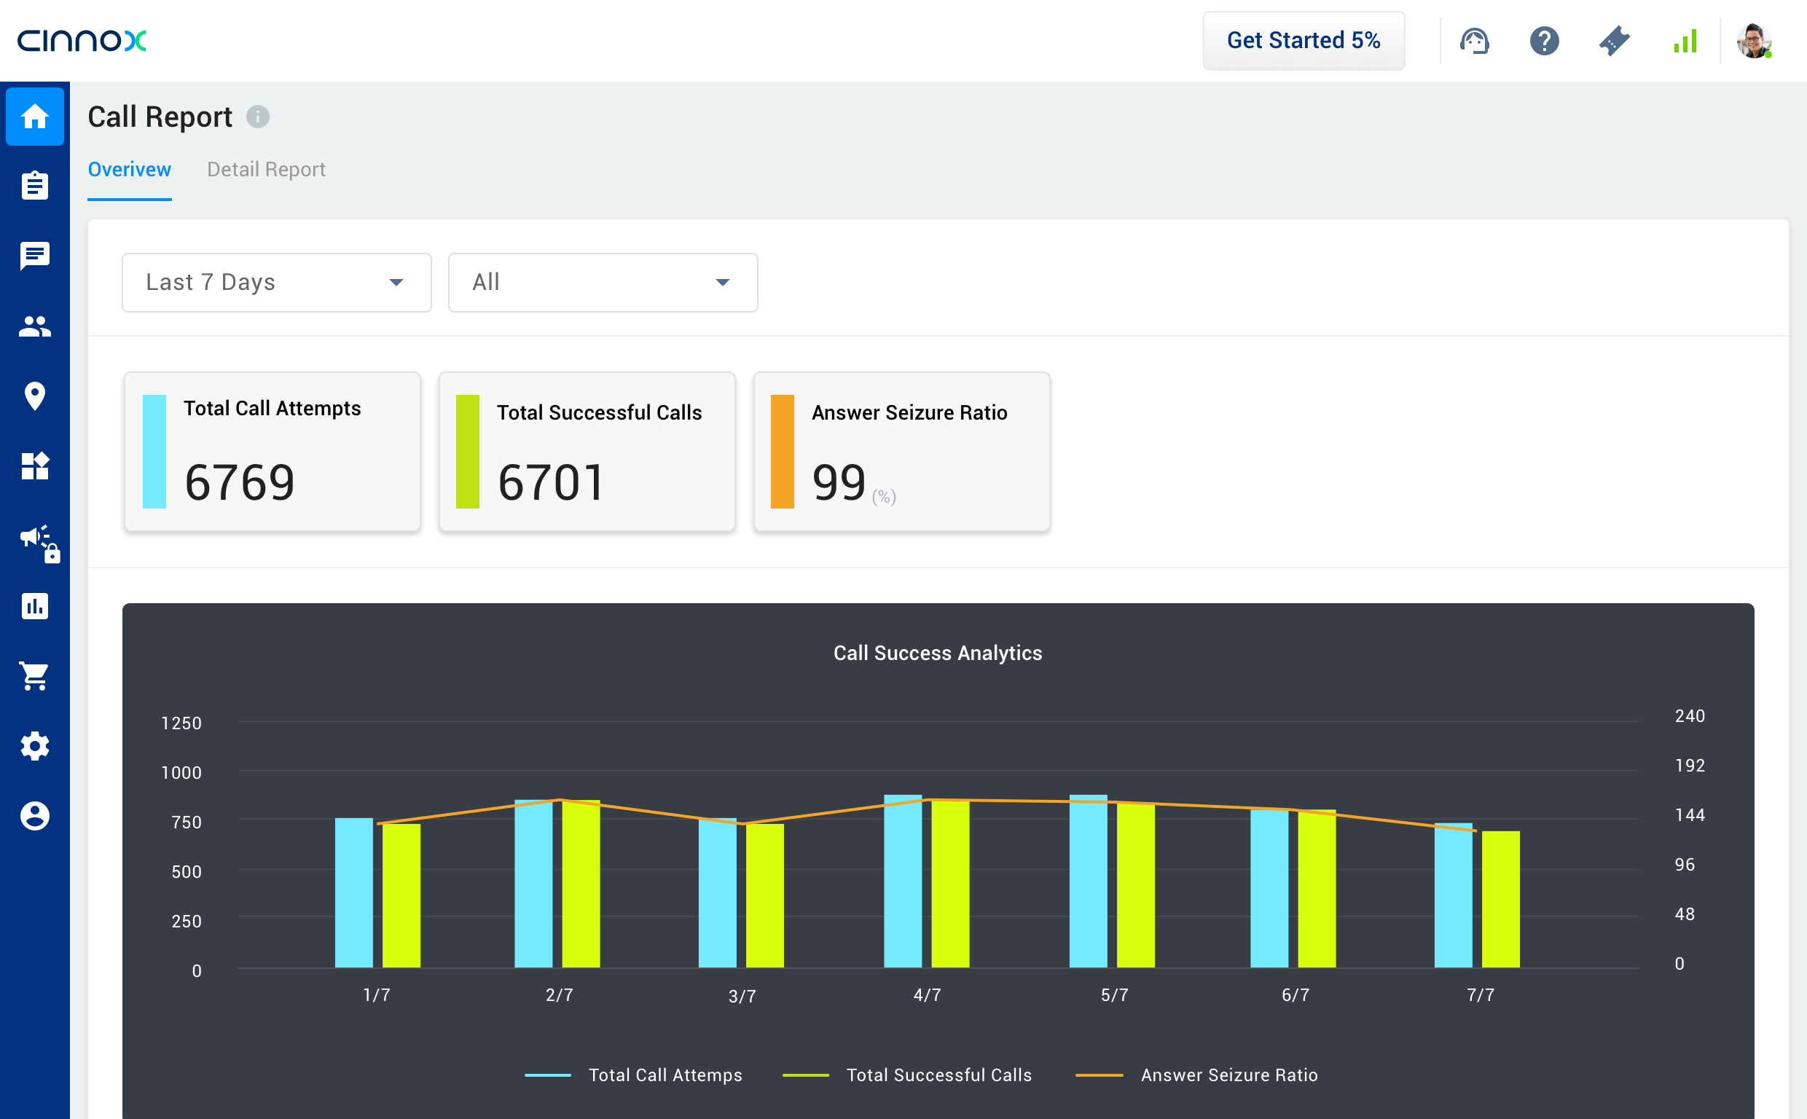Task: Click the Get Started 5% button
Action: point(1303,41)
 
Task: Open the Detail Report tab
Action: point(266,170)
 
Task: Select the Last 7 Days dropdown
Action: point(276,282)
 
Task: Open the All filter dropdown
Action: point(603,282)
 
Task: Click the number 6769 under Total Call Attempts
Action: point(239,482)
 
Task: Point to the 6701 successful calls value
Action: point(552,482)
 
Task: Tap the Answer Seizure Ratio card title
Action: point(909,412)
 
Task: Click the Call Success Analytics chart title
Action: point(938,653)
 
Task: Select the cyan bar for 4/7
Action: point(903,881)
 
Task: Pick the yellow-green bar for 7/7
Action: point(1501,899)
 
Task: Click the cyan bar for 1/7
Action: point(353,892)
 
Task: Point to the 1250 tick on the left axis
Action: point(181,723)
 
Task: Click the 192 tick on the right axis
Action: point(1690,765)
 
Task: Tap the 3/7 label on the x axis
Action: point(742,996)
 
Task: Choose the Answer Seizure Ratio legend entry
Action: point(1228,1075)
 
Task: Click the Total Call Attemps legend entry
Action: point(665,1075)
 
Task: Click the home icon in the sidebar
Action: point(35,116)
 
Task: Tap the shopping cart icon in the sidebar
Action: point(35,675)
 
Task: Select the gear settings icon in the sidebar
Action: point(35,746)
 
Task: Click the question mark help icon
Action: point(1544,41)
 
